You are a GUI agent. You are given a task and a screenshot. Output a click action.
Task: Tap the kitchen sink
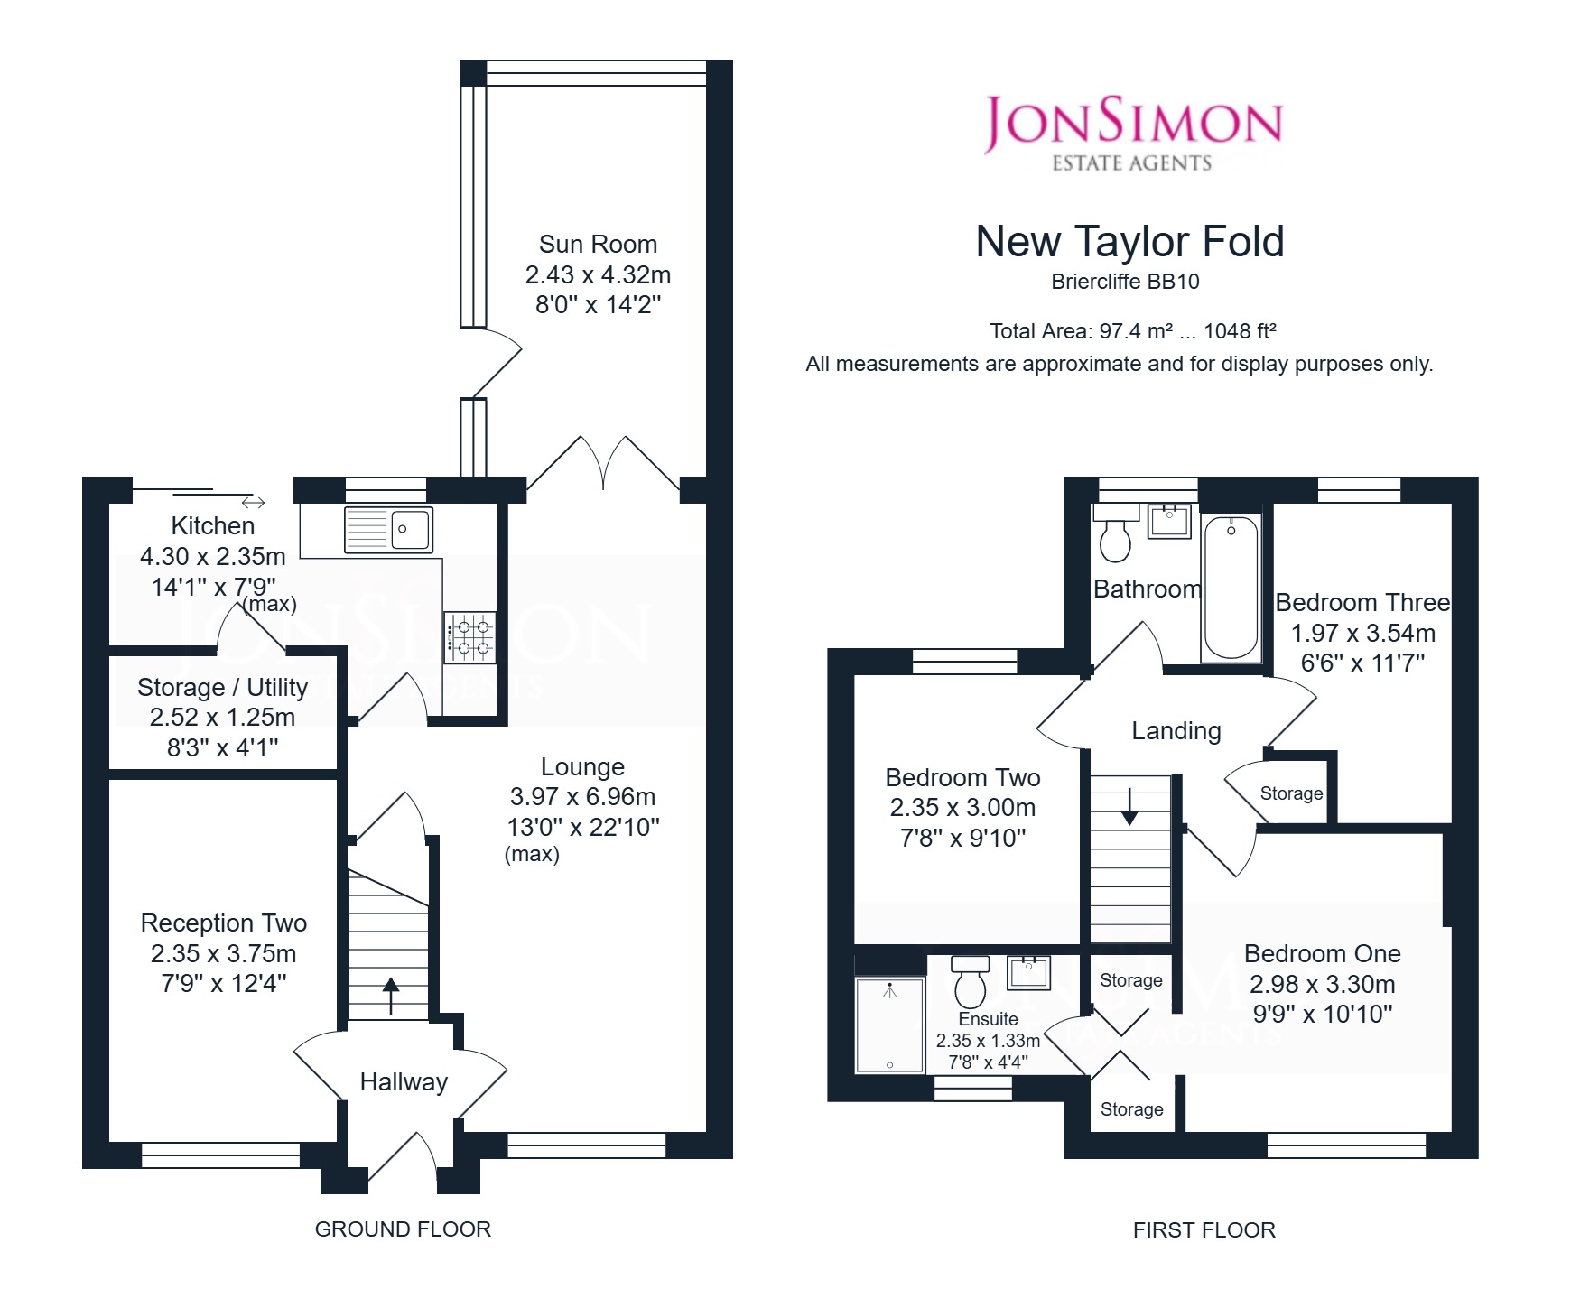[x=388, y=529]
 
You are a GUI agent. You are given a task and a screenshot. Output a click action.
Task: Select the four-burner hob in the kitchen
[x=469, y=637]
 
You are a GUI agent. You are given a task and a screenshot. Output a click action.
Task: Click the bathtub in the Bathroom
[x=1231, y=588]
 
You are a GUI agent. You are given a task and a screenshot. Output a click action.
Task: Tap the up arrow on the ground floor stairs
[x=391, y=996]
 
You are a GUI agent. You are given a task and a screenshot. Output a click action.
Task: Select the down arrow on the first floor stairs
[x=1129, y=807]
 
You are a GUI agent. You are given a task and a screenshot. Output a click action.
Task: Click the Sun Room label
[x=598, y=245]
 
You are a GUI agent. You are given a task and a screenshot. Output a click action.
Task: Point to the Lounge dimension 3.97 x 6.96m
[x=582, y=797]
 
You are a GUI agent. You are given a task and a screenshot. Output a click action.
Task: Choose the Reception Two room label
[x=224, y=923]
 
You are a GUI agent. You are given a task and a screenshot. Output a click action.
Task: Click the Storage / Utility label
[x=222, y=688]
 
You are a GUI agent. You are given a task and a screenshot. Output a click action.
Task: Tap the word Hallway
[x=404, y=1082]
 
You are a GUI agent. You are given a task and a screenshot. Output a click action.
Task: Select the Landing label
[x=1176, y=731]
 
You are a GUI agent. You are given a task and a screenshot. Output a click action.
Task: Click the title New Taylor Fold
[x=1130, y=242]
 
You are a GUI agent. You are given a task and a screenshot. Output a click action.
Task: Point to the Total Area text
[x=1133, y=331]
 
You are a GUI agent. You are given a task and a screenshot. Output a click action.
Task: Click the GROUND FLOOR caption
[x=403, y=1229]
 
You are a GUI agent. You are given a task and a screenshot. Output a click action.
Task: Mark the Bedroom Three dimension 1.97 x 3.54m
[x=1363, y=634]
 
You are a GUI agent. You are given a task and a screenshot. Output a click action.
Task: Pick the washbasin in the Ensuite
[x=1029, y=973]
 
